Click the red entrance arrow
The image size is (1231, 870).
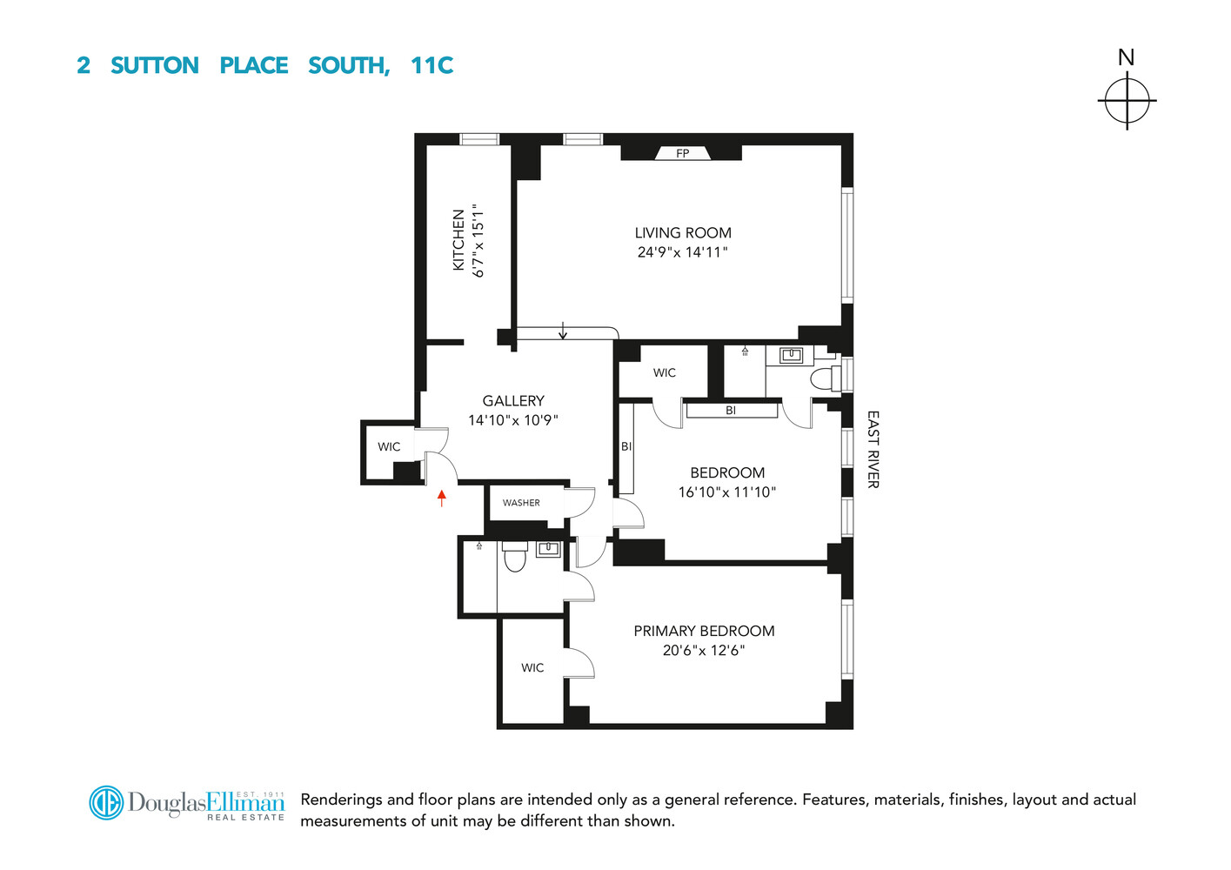pos(442,498)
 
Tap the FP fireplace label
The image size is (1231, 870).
pos(683,154)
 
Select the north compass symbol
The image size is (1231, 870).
pos(1127,100)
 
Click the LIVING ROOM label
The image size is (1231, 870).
pos(683,233)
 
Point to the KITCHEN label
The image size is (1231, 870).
pos(458,240)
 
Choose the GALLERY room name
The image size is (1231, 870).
pos(513,401)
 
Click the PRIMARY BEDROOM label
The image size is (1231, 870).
pos(704,632)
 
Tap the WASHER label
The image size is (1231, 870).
pos(521,503)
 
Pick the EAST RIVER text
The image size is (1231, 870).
pos(873,449)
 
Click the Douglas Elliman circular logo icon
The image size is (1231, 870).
pos(106,802)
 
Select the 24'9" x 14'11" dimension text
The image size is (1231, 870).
pos(683,252)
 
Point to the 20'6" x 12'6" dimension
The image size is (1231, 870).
pos(704,651)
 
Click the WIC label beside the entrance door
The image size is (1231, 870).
pos(389,447)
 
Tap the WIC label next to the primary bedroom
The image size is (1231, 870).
pos(532,668)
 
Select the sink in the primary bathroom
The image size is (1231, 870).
pos(548,549)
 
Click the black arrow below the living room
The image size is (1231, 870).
pos(563,331)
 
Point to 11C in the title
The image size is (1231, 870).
pos(432,66)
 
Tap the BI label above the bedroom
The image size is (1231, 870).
pos(731,411)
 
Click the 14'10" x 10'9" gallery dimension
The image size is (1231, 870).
pos(513,420)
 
